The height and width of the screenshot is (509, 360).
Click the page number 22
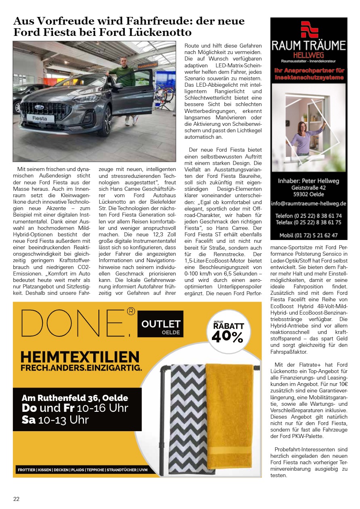click(16, 499)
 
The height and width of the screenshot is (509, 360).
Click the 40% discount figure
click(227, 336)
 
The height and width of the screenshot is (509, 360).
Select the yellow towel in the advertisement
click(228, 415)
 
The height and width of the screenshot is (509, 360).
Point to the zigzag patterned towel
click(188, 419)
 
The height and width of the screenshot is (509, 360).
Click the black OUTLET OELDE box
click(160, 324)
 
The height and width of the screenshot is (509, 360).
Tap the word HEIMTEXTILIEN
click(80, 357)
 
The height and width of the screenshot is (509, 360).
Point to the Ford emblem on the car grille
click(40, 107)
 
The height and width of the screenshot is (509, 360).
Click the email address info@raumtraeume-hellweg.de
click(309, 203)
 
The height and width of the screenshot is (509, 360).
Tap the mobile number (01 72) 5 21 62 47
click(308, 235)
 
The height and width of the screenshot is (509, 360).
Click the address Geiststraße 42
click(309, 188)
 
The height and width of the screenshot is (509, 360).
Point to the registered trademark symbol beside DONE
click(131, 311)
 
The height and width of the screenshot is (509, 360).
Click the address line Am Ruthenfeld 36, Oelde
click(75, 398)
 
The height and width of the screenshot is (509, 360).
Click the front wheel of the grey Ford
click(107, 120)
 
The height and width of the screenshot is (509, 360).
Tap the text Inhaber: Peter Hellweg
click(309, 180)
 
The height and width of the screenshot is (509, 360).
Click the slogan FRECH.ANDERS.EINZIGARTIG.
click(82, 368)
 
